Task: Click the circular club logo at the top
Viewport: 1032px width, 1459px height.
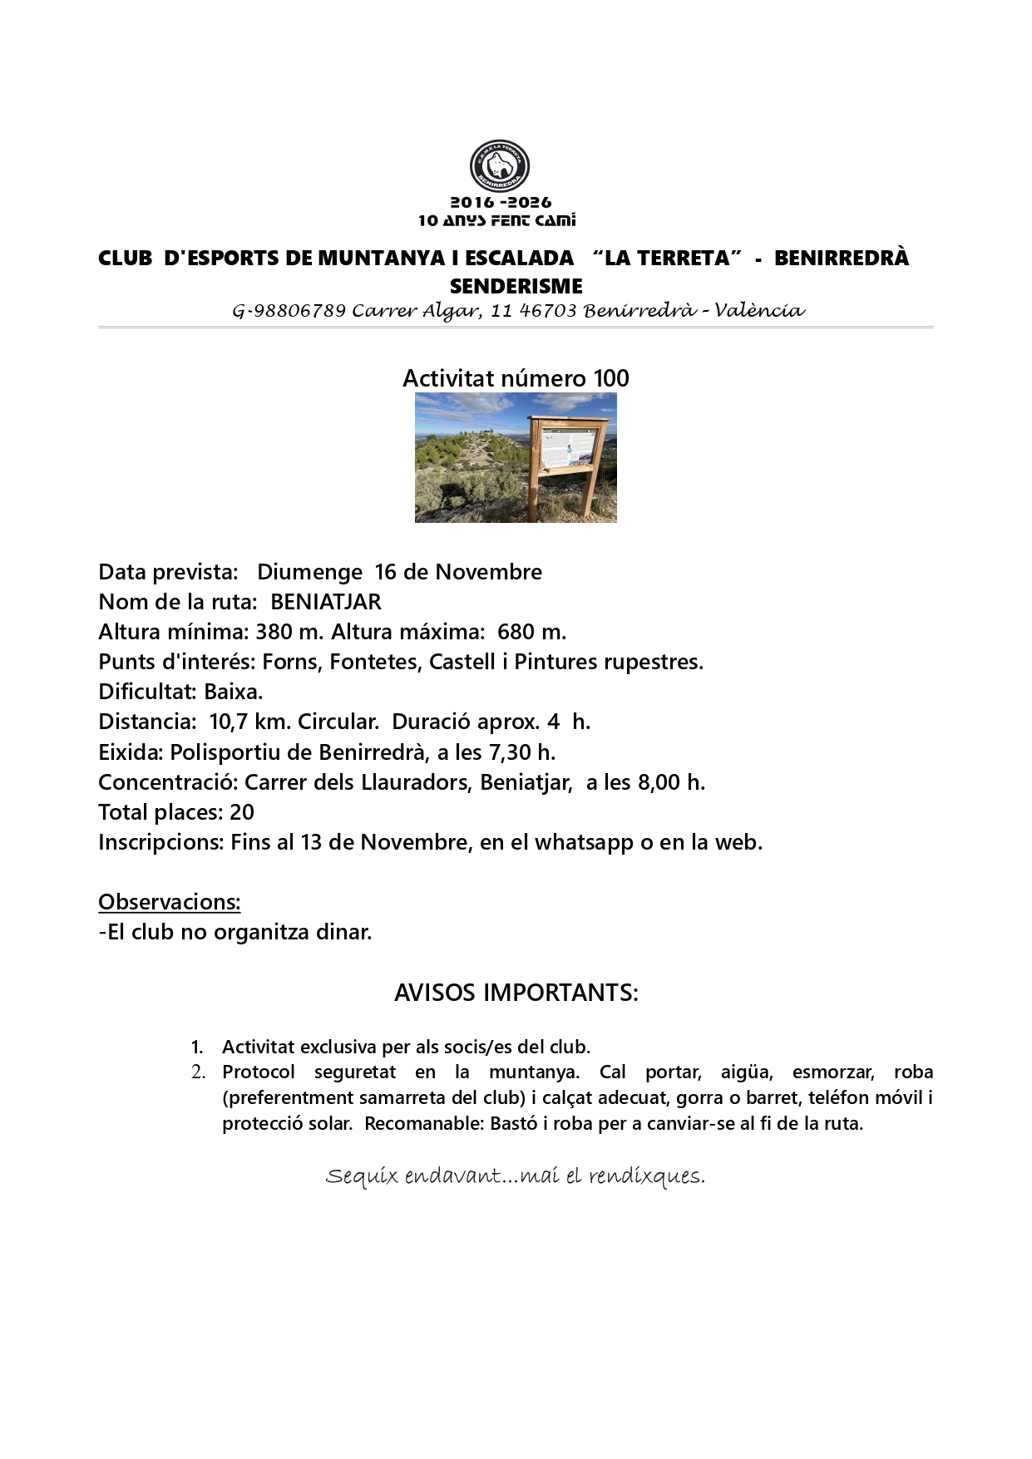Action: point(500,165)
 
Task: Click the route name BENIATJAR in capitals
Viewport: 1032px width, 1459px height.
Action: point(326,602)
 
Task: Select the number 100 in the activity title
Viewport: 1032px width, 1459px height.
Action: point(611,379)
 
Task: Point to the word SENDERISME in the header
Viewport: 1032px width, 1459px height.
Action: point(516,287)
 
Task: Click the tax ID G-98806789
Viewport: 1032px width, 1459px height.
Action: point(289,312)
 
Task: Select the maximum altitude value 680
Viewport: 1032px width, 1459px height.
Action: point(516,632)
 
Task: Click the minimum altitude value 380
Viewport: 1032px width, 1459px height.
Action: point(274,632)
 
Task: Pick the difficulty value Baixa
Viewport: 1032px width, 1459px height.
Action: point(233,692)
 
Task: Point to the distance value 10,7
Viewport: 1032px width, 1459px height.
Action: point(228,722)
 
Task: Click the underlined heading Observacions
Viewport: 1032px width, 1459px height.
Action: point(170,902)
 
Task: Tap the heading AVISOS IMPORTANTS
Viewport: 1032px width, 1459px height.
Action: point(516,993)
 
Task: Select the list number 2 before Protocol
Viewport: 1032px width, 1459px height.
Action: point(197,1072)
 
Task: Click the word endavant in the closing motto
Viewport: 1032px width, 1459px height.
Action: point(452,1176)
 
